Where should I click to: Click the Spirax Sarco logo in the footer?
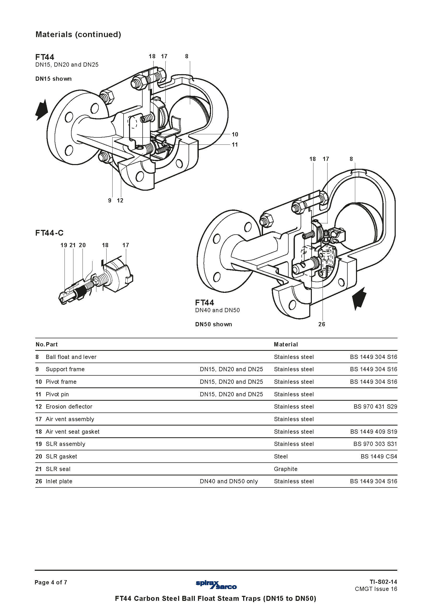pos(216,585)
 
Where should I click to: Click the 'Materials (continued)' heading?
pos(78,34)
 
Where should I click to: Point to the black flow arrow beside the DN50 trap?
pos(359,298)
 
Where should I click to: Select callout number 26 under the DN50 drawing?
pos(322,324)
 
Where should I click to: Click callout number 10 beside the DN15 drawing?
pos(235,134)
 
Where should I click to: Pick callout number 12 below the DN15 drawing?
pos(120,201)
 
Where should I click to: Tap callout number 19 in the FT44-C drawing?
pos(64,245)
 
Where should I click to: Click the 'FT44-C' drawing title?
pos(49,233)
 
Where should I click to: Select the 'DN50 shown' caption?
pos(214,324)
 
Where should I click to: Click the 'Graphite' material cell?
pos(286,469)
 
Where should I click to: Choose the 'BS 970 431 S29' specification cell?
pos(375,406)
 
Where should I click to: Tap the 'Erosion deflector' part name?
pos(69,406)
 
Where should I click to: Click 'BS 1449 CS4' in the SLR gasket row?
pos(379,456)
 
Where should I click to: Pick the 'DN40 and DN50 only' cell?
pos(229,481)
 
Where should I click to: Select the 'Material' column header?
pos(286,344)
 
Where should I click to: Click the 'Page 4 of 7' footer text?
pos(51,582)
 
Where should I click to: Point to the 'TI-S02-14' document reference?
pos(383,582)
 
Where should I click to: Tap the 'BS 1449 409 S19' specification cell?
pos(374,431)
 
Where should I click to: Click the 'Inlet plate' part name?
pos(59,481)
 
